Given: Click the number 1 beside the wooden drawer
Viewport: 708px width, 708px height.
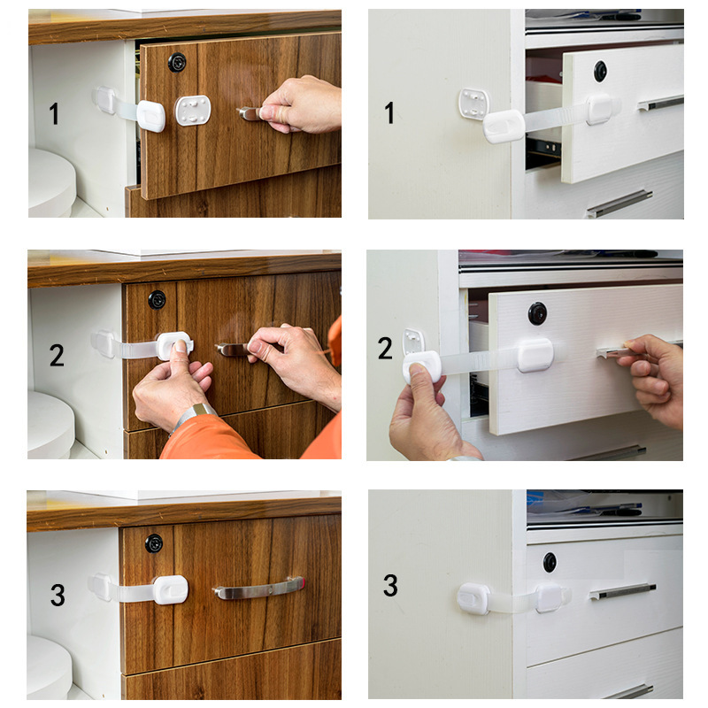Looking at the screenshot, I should [54, 113].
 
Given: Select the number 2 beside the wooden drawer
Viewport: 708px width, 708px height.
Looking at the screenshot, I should [57, 356].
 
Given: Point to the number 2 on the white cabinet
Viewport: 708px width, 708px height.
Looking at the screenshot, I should [386, 348].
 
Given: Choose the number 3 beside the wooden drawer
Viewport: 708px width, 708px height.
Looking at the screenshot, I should [57, 595].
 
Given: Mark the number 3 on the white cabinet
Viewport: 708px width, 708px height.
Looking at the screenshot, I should [390, 586].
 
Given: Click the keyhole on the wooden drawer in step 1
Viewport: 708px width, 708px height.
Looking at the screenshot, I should [178, 62].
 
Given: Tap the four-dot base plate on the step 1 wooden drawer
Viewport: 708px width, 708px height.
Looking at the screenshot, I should [193, 111].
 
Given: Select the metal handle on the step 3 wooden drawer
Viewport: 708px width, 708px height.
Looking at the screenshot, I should [258, 588].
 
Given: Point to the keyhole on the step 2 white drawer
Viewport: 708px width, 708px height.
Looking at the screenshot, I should [537, 312].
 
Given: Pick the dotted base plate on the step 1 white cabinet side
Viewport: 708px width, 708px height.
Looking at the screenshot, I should [473, 104].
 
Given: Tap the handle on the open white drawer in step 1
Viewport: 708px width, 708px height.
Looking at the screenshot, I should [660, 103].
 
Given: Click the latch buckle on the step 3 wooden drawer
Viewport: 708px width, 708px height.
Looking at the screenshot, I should [169, 589].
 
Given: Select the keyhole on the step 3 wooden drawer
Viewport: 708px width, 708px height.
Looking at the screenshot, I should [154, 543].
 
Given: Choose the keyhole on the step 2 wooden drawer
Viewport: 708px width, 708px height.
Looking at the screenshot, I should [157, 299].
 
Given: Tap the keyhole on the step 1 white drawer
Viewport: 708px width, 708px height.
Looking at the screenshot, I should [600, 71].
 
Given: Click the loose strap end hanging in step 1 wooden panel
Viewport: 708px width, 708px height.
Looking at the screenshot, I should [150, 115].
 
